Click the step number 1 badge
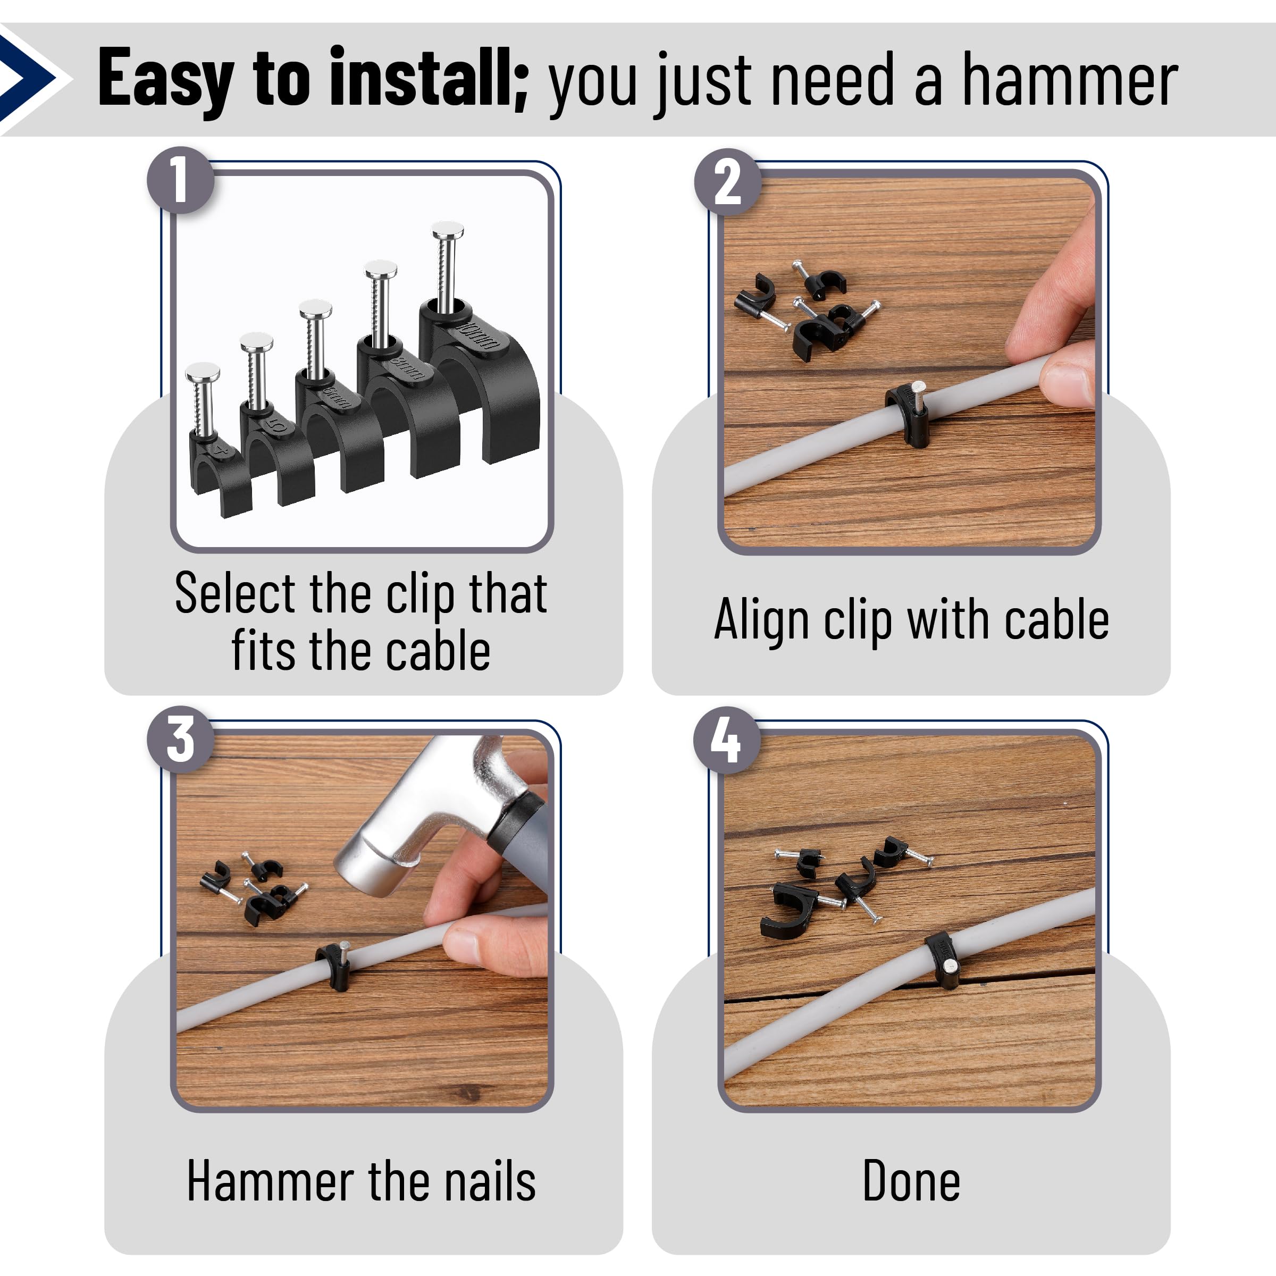(180, 180)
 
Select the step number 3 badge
(180, 740)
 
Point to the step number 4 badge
(726, 740)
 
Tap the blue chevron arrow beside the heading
(30, 78)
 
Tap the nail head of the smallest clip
(202, 371)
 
